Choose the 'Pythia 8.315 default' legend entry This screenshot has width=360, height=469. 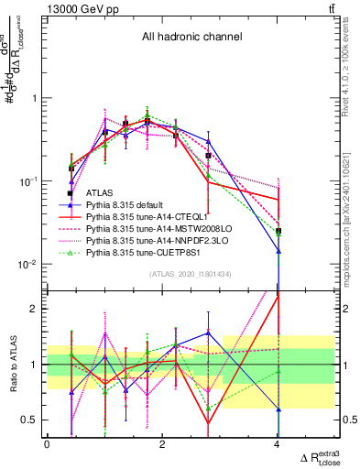point(132,205)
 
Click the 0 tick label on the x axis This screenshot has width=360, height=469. point(47,444)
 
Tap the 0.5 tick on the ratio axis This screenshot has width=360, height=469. point(32,420)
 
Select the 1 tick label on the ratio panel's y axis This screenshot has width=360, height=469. point(36,364)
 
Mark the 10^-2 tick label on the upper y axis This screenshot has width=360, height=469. point(28,265)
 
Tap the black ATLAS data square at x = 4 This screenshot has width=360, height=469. point(278,231)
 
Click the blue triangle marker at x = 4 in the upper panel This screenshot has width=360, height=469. point(278,250)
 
